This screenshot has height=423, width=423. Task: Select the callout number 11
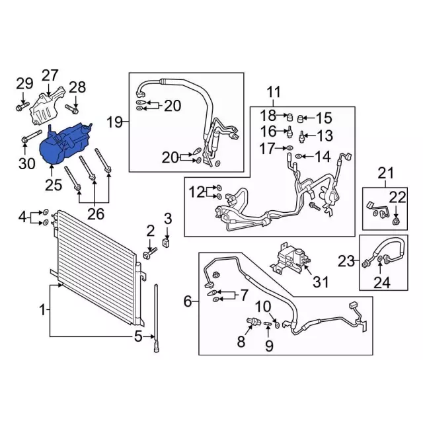coord(274,91)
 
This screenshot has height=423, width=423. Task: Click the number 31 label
coord(320,282)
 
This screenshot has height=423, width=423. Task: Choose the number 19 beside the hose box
coord(116,122)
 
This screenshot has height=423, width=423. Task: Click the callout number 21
coord(385,174)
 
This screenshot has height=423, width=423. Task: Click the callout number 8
coord(241,342)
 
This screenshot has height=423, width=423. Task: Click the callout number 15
coord(323,118)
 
